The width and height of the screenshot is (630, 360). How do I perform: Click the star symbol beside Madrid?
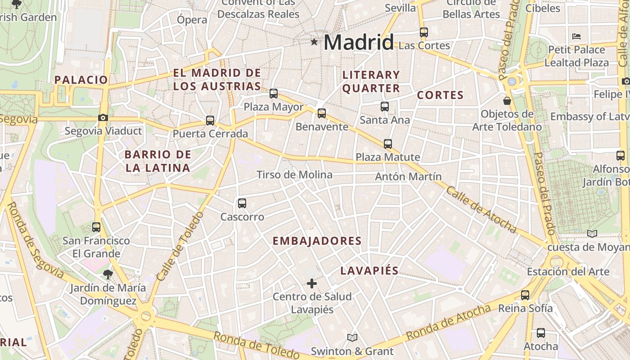coord(314,42)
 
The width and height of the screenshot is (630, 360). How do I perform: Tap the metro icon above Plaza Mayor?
coord(274,94)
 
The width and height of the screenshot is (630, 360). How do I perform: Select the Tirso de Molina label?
coord(294,175)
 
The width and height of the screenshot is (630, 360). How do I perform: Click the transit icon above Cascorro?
coord(242,203)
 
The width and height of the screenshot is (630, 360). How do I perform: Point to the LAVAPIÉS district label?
coord(369,270)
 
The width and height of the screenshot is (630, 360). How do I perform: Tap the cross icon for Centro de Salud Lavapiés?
coord(311,283)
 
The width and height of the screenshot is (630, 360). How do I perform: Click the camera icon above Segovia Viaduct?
coord(103,118)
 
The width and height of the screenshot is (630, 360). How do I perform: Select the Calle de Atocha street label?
coord(481,210)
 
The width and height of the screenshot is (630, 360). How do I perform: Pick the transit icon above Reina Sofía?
coord(525,295)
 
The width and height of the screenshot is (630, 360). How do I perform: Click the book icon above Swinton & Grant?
coord(352,337)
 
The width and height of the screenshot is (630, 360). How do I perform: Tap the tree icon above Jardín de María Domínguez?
coord(108,274)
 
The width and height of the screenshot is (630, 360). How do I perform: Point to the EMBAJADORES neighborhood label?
coord(317,241)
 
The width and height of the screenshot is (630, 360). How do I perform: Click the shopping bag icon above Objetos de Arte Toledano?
coord(507,101)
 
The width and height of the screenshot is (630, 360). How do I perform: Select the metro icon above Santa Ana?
coord(385,107)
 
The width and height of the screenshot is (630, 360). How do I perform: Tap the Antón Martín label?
coord(409,177)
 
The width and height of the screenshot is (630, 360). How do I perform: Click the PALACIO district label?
coord(81,80)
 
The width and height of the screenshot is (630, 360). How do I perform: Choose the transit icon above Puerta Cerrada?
coord(210,121)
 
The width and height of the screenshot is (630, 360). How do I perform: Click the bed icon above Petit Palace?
coord(576,36)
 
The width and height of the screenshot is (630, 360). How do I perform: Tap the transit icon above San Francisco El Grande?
coord(96,227)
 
